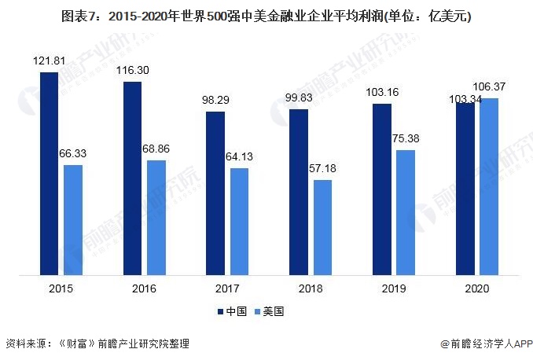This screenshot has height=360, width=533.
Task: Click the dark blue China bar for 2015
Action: click(49, 174)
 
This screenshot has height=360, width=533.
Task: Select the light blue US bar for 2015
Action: click(72, 220)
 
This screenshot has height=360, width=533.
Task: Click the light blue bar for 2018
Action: click(322, 228)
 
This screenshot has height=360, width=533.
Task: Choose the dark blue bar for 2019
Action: click(382, 189)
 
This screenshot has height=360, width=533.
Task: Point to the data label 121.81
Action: click(48, 61)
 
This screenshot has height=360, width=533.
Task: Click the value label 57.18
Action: click(322, 169)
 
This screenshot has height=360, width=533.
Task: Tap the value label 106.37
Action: click(489, 86)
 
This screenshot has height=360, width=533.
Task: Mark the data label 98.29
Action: click(215, 100)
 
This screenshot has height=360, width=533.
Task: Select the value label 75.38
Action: click(406, 138)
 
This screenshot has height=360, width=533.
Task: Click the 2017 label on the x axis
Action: click(226, 289)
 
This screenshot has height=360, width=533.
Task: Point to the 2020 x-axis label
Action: click(476, 289)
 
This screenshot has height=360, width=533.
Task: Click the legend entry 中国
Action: click(233, 311)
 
